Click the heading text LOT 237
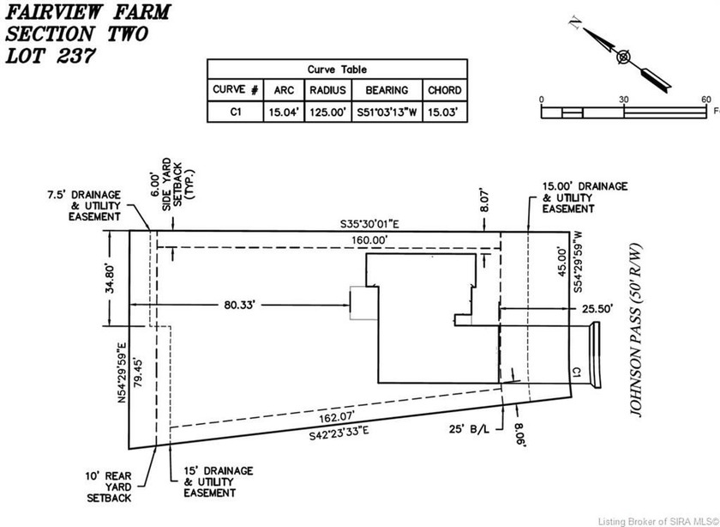[50, 57]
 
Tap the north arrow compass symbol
[622, 57]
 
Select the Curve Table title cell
[336, 70]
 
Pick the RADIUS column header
[328, 90]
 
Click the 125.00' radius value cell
[328, 111]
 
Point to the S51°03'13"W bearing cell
[387, 111]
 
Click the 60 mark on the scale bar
[706, 100]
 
